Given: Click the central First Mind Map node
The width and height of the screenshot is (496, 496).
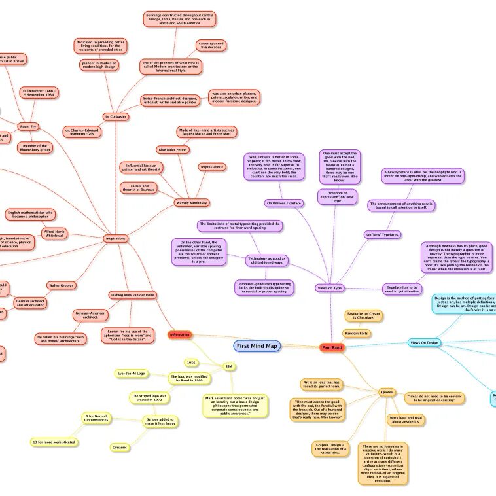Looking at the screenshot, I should (x=257, y=346).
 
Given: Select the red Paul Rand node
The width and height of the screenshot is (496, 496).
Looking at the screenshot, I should (x=332, y=347).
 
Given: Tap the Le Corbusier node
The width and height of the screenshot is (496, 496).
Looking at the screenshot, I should (x=115, y=116).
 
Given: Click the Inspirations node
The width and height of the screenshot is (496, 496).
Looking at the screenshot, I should (x=115, y=239).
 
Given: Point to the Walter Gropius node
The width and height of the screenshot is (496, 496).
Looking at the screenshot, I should (x=63, y=285).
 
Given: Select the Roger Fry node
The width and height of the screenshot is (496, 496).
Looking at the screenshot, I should (x=27, y=126).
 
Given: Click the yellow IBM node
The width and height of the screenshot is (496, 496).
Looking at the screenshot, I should (x=228, y=366).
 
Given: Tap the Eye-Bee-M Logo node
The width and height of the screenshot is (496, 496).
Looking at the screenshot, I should (x=132, y=373).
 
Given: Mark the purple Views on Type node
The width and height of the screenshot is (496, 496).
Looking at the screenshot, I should (x=330, y=287).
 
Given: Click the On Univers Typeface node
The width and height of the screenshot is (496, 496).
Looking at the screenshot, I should (x=284, y=203).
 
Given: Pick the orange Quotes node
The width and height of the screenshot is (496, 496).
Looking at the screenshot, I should (x=387, y=392).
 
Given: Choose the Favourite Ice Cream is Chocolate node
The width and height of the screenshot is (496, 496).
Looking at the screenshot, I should (x=364, y=317).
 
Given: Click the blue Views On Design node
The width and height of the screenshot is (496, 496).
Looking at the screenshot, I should (x=424, y=342).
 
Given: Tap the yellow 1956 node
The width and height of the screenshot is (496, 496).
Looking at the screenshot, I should (x=191, y=362).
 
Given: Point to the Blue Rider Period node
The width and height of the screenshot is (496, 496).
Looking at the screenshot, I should (x=172, y=149).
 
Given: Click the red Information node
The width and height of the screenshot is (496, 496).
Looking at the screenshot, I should (x=179, y=335).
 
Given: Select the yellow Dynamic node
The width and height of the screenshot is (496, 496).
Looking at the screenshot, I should (x=120, y=448).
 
